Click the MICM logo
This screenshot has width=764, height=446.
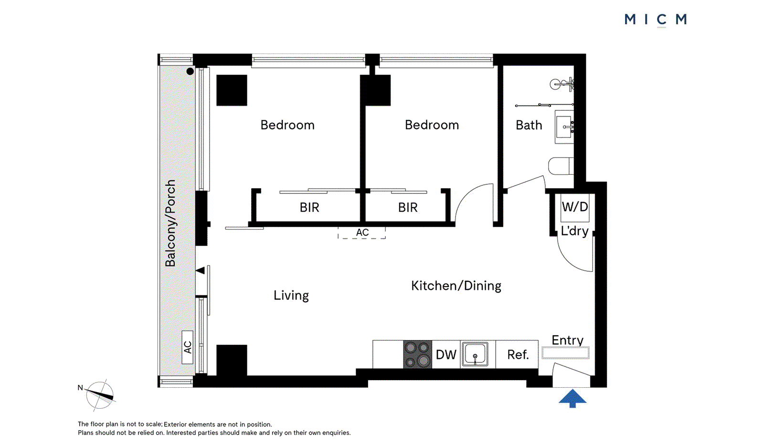click(655, 20)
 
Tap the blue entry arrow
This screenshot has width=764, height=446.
click(572, 398)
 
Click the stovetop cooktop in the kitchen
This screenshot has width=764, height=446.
click(418, 354)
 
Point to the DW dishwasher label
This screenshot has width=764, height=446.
click(446, 355)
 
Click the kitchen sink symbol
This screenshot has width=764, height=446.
click(475, 354)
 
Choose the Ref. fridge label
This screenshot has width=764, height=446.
click(518, 355)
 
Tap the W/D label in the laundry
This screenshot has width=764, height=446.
click(575, 207)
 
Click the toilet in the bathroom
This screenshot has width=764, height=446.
click(560, 166)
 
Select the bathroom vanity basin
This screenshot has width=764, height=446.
click(564, 127)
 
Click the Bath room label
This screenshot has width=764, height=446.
click(529, 125)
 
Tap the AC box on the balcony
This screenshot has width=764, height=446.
click(188, 347)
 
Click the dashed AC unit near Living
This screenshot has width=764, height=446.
click(362, 233)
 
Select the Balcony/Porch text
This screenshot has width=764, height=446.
click(170, 223)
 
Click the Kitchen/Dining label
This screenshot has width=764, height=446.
click(456, 286)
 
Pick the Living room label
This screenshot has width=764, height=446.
click(291, 296)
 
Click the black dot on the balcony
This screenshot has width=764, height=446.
click(190, 72)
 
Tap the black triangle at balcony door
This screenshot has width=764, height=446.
click(201, 271)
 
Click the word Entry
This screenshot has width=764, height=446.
click(567, 340)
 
